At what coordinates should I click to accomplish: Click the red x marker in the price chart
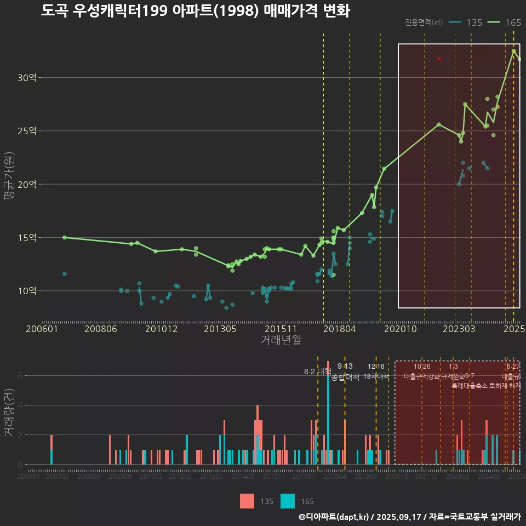pyautogui.click(x=439, y=59)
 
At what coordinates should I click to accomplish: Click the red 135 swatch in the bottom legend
pyautogui.click(x=247, y=501)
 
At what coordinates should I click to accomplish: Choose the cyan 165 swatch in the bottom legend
pyautogui.click(x=288, y=501)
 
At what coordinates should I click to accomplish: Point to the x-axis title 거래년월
pyautogui.click(x=281, y=340)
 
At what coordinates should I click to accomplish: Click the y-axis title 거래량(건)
pyautogui.click(x=9, y=413)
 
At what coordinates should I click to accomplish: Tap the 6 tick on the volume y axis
pyautogui.click(x=20, y=376)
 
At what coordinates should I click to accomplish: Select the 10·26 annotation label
pyautogui.click(x=422, y=367)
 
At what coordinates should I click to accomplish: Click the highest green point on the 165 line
pyautogui.click(x=513, y=51)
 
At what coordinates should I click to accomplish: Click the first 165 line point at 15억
pyautogui.click(x=65, y=237)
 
